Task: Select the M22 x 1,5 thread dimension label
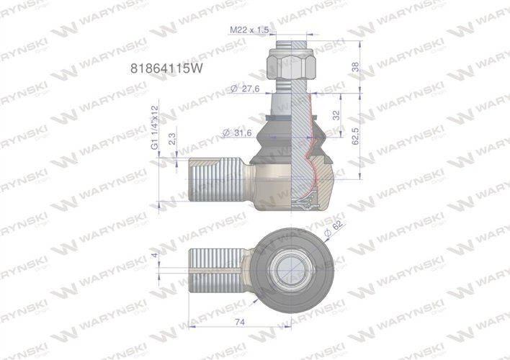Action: click(249, 30)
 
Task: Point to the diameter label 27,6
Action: click(244, 89)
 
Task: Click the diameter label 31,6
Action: click(238, 132)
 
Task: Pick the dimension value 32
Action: click(336, 115)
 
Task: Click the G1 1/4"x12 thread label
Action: click(153, 127)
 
